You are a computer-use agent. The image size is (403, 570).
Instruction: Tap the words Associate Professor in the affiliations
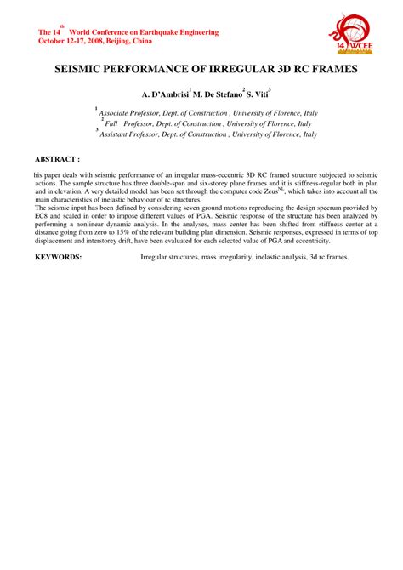(131, 112)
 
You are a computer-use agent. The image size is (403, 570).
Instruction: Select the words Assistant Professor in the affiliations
(131, 134)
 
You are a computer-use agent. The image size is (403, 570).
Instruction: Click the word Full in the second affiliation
(111, 123)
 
